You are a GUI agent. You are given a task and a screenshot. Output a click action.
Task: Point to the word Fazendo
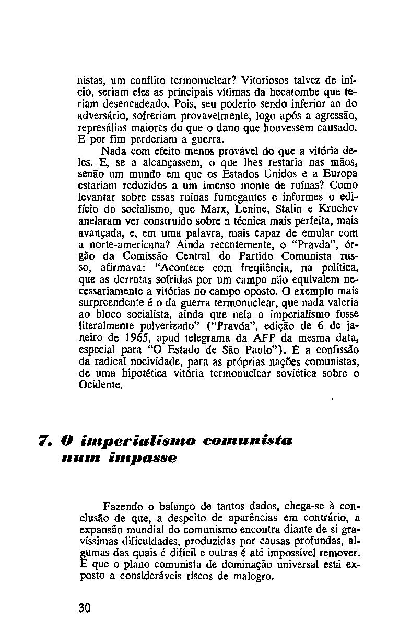click(124, 507)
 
